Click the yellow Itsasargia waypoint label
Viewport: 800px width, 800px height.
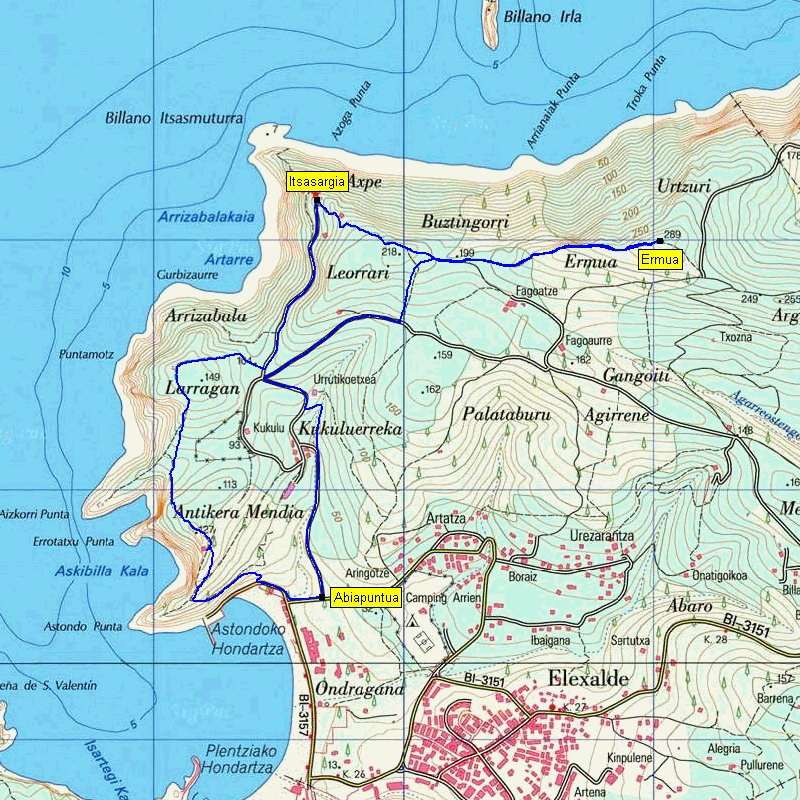(317, 181)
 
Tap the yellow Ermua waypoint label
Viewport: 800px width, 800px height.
(661, 260)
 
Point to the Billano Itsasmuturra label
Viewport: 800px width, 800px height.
(174, 118)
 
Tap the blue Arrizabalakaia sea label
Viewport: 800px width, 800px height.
(206, 216)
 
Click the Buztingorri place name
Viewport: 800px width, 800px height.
(465, 222)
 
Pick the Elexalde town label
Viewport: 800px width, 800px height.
(588, 679)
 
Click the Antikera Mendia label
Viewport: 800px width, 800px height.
(238, 512)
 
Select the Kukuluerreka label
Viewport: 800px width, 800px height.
(349, 428)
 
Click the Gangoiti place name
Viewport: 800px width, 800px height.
(635, 375)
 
